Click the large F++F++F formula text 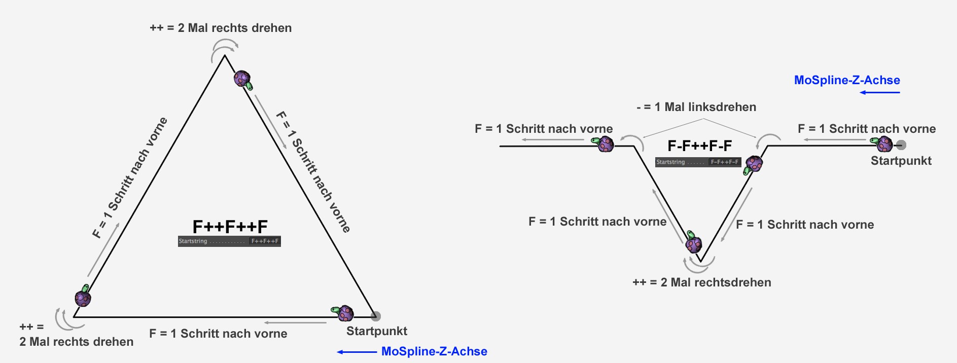coord(230,227)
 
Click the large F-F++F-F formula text coord(699,146)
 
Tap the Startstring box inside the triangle coord(229,241)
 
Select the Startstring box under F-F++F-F coord(698,162)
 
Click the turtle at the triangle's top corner coord(243,80)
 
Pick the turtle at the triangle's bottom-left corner coord(83,297)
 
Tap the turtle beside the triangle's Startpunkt coord(344,313)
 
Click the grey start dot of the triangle coord(375,316)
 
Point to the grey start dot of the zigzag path coord(901,145)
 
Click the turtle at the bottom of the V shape coord(693,243)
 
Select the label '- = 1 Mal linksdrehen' coord(696,107)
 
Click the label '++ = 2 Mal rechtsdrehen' coord(701,282)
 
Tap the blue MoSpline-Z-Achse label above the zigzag coord(847,80)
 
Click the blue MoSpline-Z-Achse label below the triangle coord(434,351)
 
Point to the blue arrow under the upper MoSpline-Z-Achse coord(880,92)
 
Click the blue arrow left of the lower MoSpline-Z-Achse coord(357,352)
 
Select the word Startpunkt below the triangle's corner coord(376,331)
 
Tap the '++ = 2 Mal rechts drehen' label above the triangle coord(221,28)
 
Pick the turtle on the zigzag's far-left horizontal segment coord(605,144)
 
